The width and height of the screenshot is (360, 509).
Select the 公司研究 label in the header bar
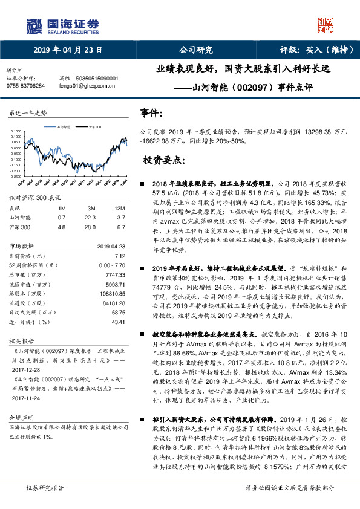click(195, 50)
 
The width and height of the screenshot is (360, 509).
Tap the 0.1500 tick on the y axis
click(17, 132)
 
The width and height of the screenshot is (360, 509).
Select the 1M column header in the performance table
click(61, 207)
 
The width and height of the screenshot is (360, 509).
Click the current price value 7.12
click(120, 256)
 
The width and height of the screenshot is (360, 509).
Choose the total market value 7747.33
click(115, 274)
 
